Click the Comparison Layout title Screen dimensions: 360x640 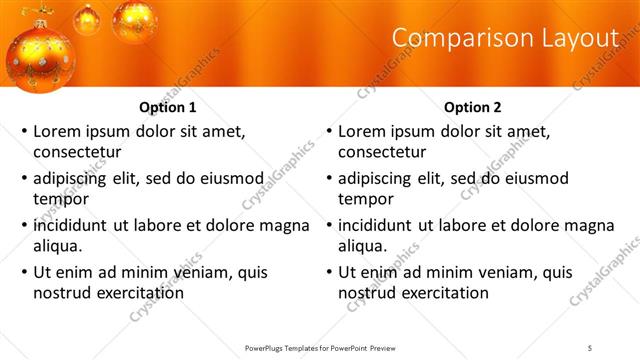click(505, 37)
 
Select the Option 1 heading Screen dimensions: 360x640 click(168, 107)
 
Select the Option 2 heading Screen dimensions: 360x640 click(473, 107)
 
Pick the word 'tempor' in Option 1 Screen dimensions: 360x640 click(59, 199)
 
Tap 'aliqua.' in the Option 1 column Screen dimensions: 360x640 click(58, 246)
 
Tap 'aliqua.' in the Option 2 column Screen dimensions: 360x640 click(363, 246)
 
